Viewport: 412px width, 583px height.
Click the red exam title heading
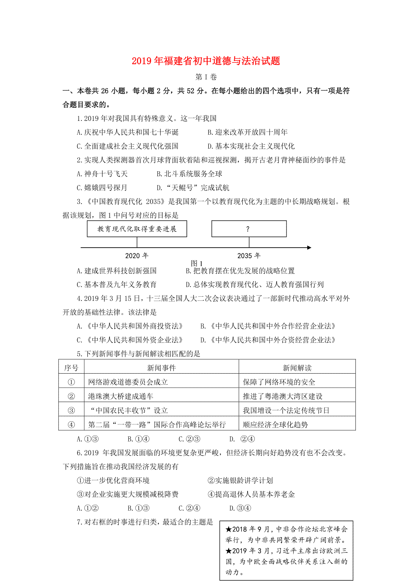[206, 61]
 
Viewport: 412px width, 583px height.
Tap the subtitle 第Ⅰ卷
[206, 77]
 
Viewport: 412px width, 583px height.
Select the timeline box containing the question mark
[249, 229]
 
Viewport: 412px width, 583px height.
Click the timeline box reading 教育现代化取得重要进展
[137, 229]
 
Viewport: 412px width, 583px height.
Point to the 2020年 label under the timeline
[137, 256]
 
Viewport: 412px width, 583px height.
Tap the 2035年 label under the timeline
[249, 256]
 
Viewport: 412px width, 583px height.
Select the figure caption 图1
[197, 263]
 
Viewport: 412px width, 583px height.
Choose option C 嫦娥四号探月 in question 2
[102, 188]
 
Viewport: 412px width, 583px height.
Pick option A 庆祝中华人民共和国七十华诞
[128, 132]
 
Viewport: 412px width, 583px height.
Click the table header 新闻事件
[161, 368]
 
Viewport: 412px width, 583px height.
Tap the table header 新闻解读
[297, 368]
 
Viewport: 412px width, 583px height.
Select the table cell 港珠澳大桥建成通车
[121, 396]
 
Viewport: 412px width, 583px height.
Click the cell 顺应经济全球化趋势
[275, 425]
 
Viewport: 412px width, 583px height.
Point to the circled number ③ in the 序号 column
[71, 411]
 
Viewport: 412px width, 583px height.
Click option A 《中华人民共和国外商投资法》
[130, 326]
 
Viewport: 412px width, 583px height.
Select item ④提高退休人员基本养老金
[251, 494]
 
